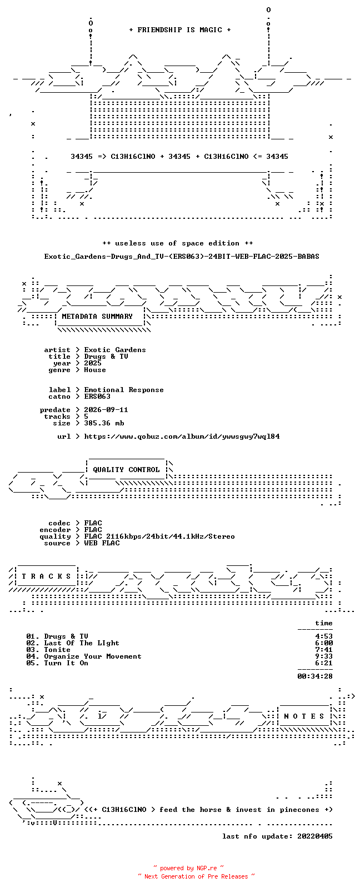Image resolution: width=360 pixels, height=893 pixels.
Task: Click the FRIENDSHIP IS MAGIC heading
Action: click(180, 30)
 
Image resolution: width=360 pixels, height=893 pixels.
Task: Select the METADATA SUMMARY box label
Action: click(97, 317)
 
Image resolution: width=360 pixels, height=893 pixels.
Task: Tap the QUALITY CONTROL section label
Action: click(126, 470)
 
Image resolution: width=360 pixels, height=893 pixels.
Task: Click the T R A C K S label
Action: click(46, 576)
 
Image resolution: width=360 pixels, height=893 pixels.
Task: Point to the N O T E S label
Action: click(304, 716)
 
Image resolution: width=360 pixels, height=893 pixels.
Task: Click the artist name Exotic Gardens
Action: click(115, 350)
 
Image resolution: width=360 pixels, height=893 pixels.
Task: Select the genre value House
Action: click(95, 370)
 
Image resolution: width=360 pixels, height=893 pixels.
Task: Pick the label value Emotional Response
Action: click(123, 390)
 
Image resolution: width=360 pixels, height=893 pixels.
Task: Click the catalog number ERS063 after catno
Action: click(97, 397)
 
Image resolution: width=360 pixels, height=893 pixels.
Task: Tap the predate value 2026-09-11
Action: click(106, 410)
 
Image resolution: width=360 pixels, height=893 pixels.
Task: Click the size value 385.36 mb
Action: click(104, 423)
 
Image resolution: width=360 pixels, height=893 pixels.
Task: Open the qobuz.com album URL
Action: click(182, 437)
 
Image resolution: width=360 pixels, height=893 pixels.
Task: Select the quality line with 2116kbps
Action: click(159, 536)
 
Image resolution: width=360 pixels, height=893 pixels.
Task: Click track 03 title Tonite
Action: click(57, 650)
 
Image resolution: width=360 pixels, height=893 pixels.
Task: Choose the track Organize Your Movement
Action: click(92, 656)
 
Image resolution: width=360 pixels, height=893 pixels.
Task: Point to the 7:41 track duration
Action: click(324, 650)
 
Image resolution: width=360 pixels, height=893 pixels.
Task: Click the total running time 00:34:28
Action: click(315, 676)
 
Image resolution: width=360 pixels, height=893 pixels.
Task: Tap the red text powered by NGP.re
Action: click(188, 868)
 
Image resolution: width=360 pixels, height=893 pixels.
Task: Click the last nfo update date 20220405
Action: click(315, 836)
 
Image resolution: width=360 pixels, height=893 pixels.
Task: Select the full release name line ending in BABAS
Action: click(182, 257)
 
